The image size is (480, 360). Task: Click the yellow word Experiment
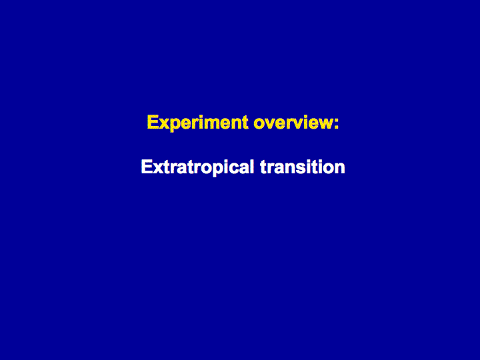(197, 123)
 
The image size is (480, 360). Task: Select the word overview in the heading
(293, 123)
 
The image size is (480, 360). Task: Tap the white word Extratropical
(197, 168)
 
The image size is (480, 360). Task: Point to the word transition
(303, 167)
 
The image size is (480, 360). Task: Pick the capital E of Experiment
(153, 122)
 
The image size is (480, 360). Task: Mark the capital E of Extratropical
(147, 167)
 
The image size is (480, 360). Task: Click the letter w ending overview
(325, 124)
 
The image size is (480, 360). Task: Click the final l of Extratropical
(252, 167)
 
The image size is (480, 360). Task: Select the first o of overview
(259, 124)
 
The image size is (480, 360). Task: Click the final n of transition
(340, 169)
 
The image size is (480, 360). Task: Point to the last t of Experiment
(246, 123)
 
